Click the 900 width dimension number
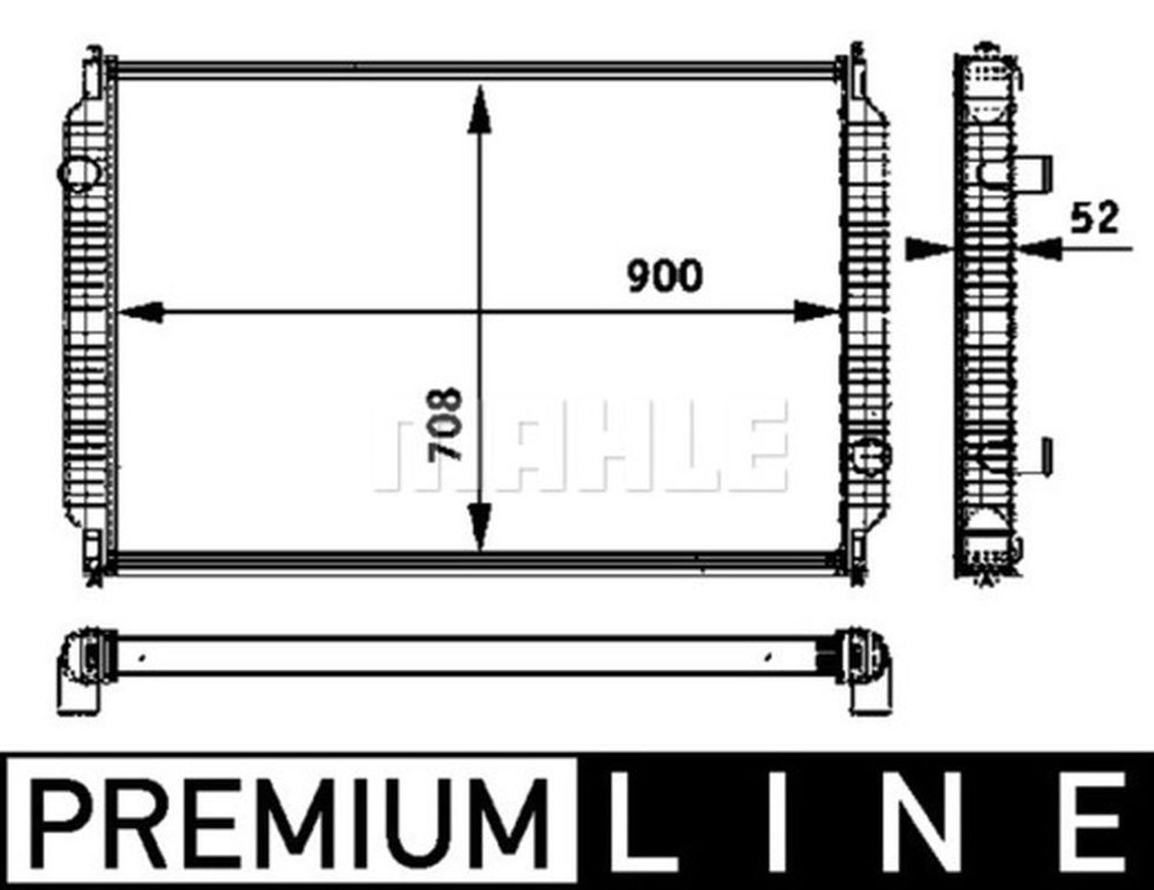coord(664,276)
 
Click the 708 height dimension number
coord(445,424)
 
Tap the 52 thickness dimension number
coord(1094,217)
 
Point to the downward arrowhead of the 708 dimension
coord(480,528)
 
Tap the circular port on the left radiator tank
coord(80,172)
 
